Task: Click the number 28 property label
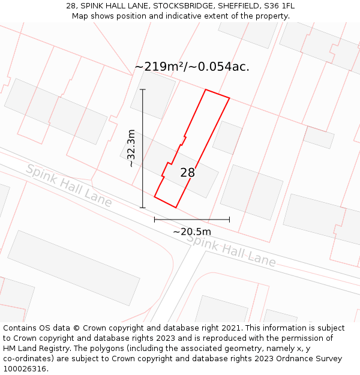187,173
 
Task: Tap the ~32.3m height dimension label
131,148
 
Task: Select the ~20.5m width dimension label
192,232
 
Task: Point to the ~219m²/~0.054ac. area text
191,67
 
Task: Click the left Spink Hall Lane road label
68,185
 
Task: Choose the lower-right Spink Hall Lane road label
231,251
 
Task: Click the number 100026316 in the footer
25,368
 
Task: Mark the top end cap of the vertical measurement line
143,89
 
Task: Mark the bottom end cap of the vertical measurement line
143,208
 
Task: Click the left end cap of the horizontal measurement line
155,220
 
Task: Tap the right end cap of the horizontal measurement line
229,220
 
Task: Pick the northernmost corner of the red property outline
206,89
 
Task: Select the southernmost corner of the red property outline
176,208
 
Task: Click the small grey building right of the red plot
227,137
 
